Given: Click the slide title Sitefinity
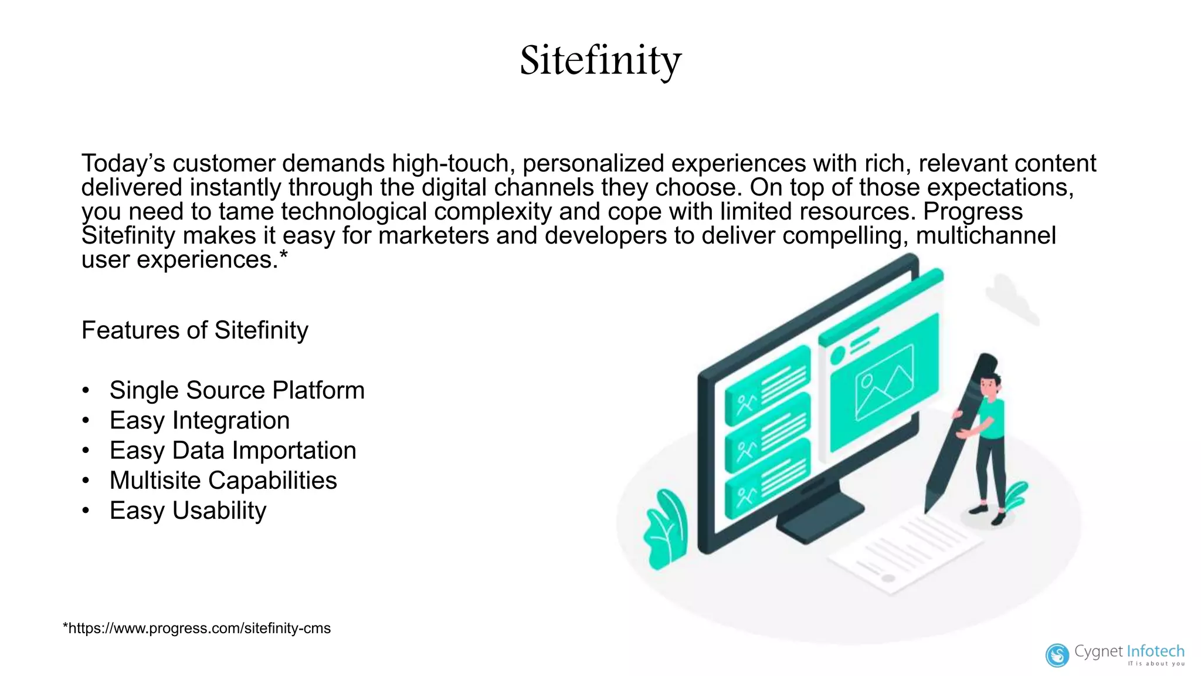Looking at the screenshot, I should (x=600, y=60).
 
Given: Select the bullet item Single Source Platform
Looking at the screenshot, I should (x=237, y=390).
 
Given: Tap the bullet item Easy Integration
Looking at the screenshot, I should (x=199, y=420).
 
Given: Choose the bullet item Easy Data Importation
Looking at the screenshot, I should (x=233, y=451).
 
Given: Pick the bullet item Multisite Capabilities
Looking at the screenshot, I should (x=223, y=481).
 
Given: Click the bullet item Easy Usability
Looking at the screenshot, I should (x=188, y=511).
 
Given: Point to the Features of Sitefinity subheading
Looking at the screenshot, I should (x=195, y=330).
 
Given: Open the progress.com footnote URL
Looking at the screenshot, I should (x=197, y=628).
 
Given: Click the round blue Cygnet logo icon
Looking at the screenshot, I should (x=1057, y=655).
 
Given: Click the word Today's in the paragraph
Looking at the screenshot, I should (x=123, y=163).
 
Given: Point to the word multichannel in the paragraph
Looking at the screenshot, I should (x=986, y=235).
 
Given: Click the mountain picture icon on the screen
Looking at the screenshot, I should (x=884, y=383).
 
